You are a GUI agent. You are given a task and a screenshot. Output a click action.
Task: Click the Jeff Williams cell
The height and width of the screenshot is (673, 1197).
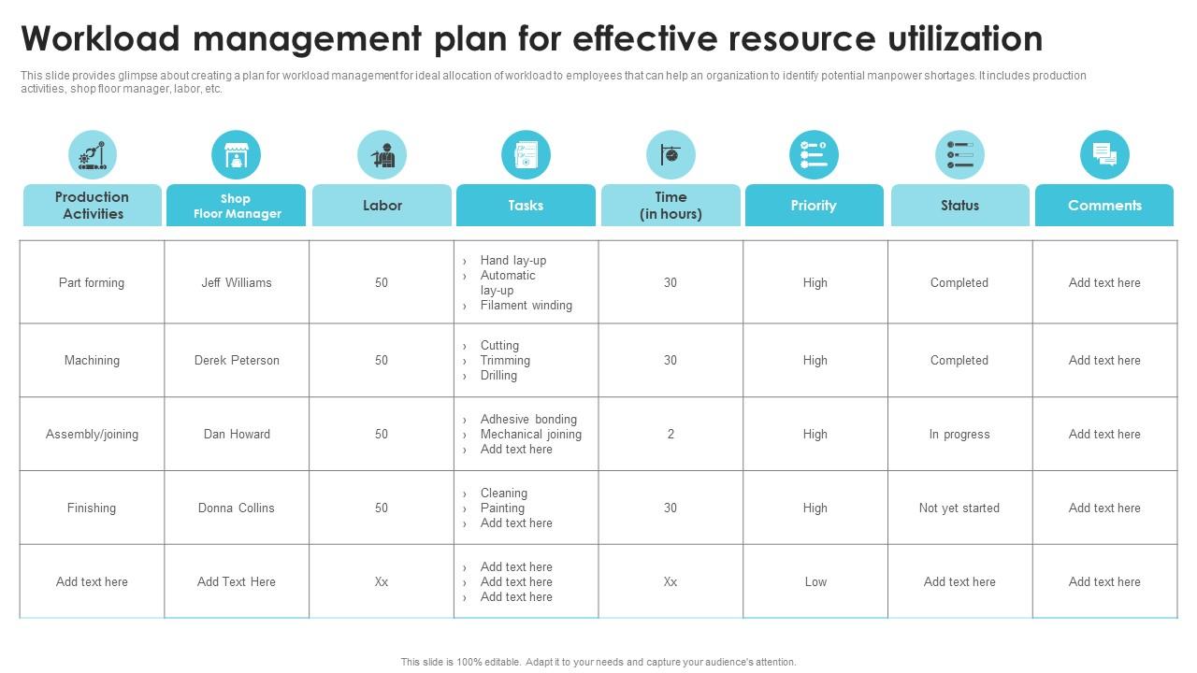(237, 282)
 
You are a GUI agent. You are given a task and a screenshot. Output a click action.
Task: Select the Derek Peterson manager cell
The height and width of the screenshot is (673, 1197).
(237, 360)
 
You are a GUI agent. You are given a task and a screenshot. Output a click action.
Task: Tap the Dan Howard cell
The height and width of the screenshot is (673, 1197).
(237, 434)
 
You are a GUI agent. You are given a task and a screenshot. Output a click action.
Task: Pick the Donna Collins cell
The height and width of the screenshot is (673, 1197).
(237, 508)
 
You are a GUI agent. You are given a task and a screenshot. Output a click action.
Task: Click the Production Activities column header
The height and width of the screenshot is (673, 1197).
(93, 205)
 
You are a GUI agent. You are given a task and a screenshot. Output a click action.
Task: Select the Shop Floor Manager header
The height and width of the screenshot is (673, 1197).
(237, 205)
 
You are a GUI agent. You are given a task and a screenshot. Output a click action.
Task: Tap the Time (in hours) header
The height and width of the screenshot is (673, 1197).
(671, 205)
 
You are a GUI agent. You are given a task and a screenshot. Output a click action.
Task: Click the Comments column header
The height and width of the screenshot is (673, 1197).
(1104, 205)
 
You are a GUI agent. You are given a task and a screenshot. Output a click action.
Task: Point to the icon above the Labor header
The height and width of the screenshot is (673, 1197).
(382, 155)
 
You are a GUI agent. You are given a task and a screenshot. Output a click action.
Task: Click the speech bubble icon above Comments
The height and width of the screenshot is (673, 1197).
(1104, 155)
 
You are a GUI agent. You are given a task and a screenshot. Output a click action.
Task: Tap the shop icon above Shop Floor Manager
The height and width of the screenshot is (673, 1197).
(236, 155)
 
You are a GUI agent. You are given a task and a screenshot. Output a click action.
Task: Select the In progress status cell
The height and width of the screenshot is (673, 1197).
(959, 434)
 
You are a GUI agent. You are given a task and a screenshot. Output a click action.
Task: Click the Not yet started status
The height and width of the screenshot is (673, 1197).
(959, 508)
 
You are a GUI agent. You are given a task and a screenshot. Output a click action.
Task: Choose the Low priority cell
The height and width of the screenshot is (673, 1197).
(815, 581)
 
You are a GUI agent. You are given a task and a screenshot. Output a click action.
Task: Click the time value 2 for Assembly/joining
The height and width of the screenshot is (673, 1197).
(671, 434)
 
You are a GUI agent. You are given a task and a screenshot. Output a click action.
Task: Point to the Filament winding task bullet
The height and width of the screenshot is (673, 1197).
(526, 305)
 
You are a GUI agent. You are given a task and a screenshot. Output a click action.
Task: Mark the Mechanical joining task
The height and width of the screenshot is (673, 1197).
(530, 434)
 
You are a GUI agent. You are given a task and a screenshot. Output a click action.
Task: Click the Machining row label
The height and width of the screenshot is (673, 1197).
(92, 360)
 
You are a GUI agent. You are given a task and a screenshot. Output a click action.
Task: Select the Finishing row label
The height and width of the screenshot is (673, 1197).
(92, 508)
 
